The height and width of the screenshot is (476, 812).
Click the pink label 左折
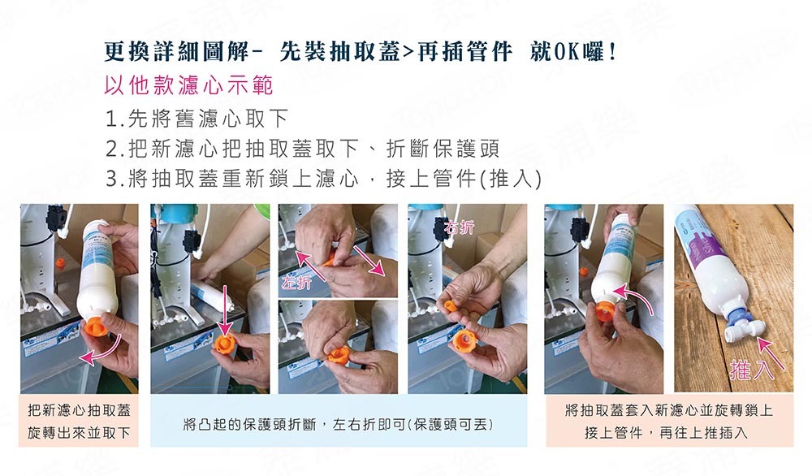click(x=296, y=281)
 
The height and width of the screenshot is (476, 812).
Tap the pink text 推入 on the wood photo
click(x=752, y=368)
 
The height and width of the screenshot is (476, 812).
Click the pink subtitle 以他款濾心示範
click(x=188, y=85)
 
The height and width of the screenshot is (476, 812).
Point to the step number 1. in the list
click(x=113, y=119)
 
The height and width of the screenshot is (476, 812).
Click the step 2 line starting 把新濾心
click(x=302, y=149)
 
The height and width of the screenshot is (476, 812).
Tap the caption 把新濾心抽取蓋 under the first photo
click(x=79, y=410)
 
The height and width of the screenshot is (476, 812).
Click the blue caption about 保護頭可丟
click(x=338, y=425)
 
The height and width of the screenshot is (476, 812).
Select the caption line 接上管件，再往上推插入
click(x=667, y=432)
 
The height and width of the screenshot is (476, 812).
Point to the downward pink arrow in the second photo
click(x=225, y=311)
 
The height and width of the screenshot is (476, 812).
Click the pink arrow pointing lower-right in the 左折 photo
click(x=369, y=260)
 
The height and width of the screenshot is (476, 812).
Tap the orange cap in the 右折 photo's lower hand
click(x=464, y=342)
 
